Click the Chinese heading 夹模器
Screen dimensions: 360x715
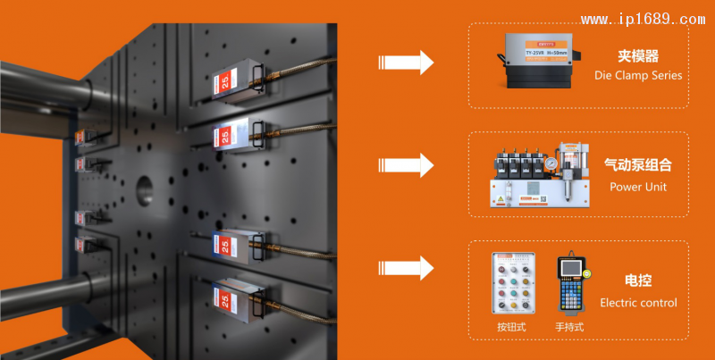tap(638, 55)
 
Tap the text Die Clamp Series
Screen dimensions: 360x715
tap(638, 75)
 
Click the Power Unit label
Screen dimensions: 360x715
tap(638, 187)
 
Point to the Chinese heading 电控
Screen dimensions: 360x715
tap(638, 280)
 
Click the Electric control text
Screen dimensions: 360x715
tap(638, 303)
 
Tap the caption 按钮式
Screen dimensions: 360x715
tap(511, 327)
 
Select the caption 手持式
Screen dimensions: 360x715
tap(568, 327)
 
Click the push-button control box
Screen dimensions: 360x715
tap(512, 284)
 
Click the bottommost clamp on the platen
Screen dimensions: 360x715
tap(234, 300)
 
